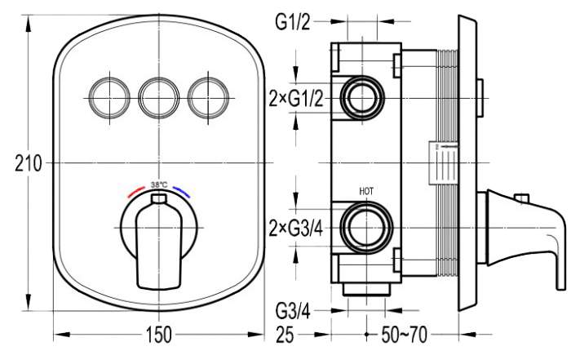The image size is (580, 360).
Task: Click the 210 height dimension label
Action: [x=28, y=163]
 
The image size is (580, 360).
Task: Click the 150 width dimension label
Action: [x=159, y=335]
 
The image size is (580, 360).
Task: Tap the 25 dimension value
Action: [x=285, y=336]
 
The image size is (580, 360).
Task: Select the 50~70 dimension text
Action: [x=404, y=335]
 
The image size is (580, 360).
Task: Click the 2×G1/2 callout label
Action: [x=296, y=99]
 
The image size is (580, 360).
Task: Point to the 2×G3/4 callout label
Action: [x=296, y=229]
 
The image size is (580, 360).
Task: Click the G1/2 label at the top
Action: [x=292, y=22]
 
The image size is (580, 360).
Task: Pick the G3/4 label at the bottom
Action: [x=293, y=312]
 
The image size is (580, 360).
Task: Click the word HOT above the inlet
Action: [x=366, y=191]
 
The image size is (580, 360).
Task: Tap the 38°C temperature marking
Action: [x=159, y=184]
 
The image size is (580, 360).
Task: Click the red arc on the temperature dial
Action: [x=135, y=192]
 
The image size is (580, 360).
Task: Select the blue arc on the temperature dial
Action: [x=182, y=192]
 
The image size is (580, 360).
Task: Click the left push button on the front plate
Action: [x=109, y=99]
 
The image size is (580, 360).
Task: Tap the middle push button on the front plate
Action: [x=159, y=99]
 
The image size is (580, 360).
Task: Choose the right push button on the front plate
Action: [x=208, y=99]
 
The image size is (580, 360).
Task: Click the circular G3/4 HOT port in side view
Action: [x=366, y=227]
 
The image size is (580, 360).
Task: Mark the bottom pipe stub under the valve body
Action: [x=366, y=289]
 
